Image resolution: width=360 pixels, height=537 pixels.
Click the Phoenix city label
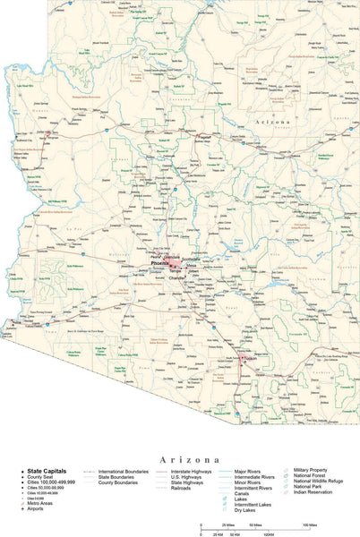point(159,265)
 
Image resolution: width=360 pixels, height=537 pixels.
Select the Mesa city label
point(191,266)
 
